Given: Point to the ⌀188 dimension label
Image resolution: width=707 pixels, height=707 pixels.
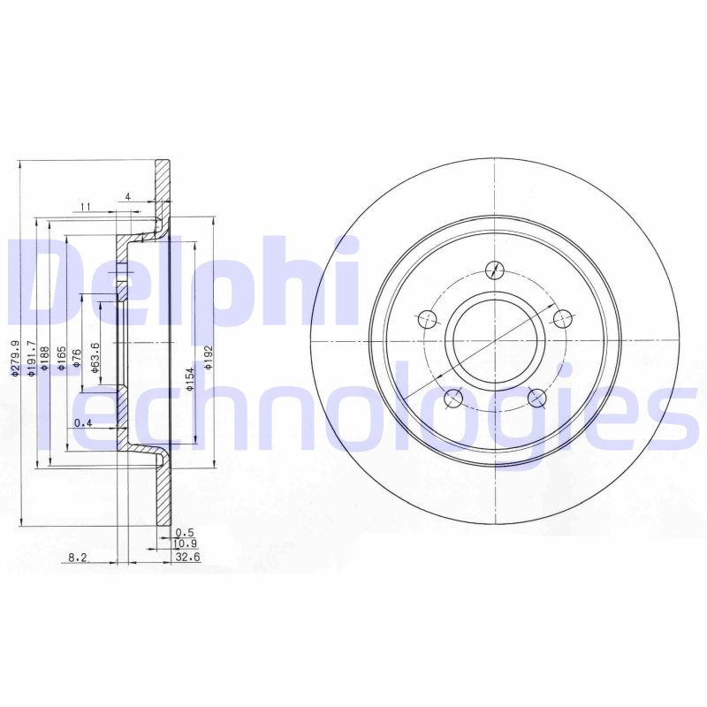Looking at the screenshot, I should (x=46, y=363).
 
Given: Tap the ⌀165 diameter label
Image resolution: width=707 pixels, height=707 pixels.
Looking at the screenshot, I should (x=62, y=363).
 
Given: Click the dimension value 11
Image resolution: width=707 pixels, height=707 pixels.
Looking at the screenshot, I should (x=86, y=207).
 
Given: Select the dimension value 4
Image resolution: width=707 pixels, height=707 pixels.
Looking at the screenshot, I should (x=128, y=196).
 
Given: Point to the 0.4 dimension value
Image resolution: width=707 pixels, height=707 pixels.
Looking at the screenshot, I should (x=83, y=422).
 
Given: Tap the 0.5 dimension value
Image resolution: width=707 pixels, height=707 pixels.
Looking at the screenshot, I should (x=184, y=532).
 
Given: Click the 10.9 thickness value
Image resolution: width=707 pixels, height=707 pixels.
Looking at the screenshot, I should (x=186, y=544).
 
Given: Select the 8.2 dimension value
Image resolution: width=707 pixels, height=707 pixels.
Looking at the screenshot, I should (x=78, y=558).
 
